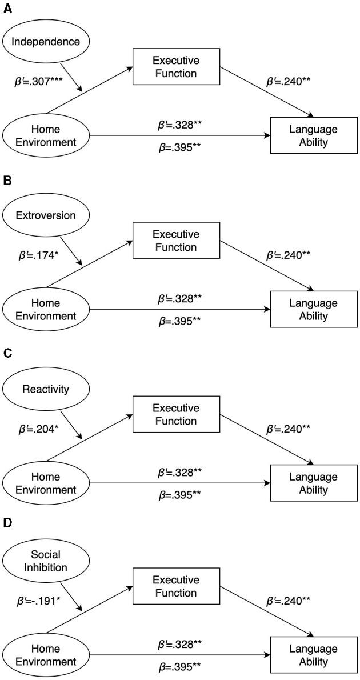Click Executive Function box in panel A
coord(175,67)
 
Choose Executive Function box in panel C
coord(175,414)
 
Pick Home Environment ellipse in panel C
coord(46,483)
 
